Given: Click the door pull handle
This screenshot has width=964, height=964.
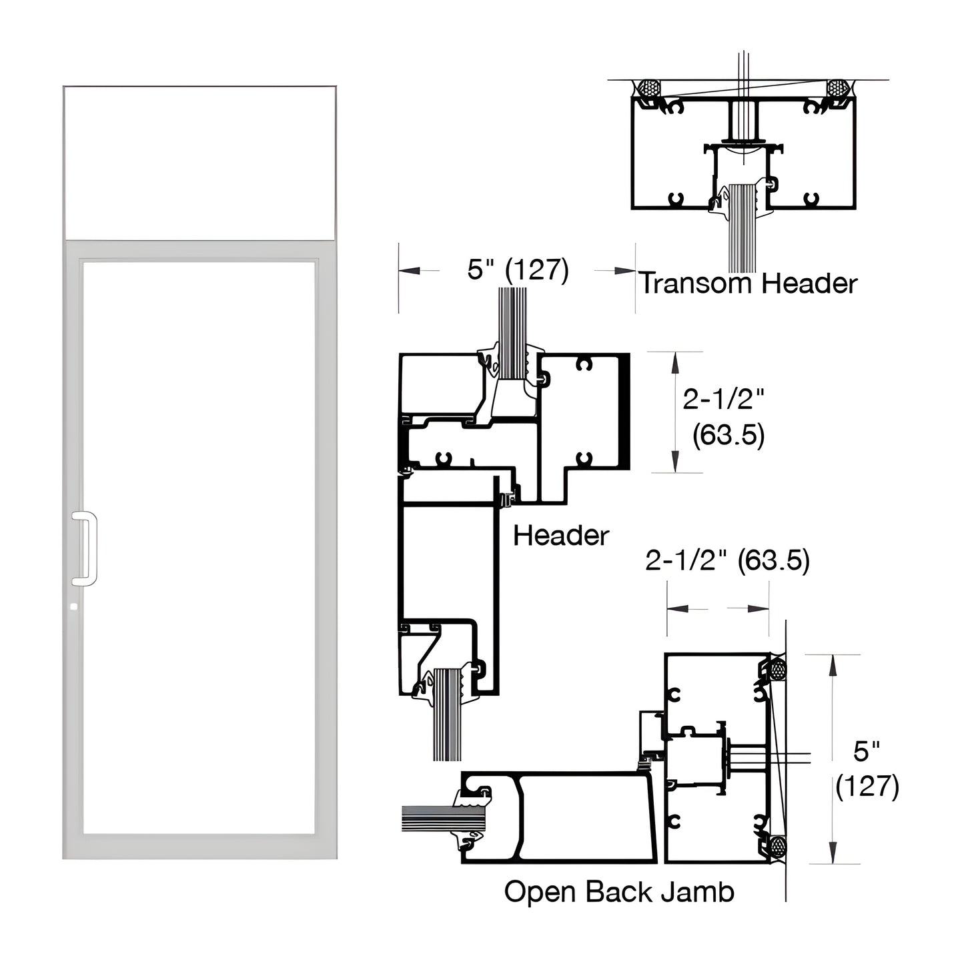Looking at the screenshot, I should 85,548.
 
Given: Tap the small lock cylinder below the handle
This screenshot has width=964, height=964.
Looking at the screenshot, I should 73,606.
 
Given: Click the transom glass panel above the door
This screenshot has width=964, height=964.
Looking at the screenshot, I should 199,162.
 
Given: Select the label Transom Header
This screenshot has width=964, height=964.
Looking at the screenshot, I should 749,284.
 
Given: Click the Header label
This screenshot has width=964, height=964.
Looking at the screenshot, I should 560,535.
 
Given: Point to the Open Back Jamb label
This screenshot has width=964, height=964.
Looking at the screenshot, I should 618,891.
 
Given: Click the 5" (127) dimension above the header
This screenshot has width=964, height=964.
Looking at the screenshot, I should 518,270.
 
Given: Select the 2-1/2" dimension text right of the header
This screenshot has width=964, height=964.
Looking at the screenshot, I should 722,400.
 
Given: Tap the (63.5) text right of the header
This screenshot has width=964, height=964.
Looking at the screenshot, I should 728,435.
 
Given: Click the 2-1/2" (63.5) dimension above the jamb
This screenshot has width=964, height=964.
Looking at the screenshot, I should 727,560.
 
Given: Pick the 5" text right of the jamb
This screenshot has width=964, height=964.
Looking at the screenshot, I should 867,751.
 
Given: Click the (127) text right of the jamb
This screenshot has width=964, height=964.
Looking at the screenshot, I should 867,786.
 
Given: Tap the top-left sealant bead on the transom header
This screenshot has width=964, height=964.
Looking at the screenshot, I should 648,88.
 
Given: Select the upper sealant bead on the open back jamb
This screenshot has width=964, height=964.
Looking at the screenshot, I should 777,669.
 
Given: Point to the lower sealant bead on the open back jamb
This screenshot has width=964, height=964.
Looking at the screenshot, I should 777,847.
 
